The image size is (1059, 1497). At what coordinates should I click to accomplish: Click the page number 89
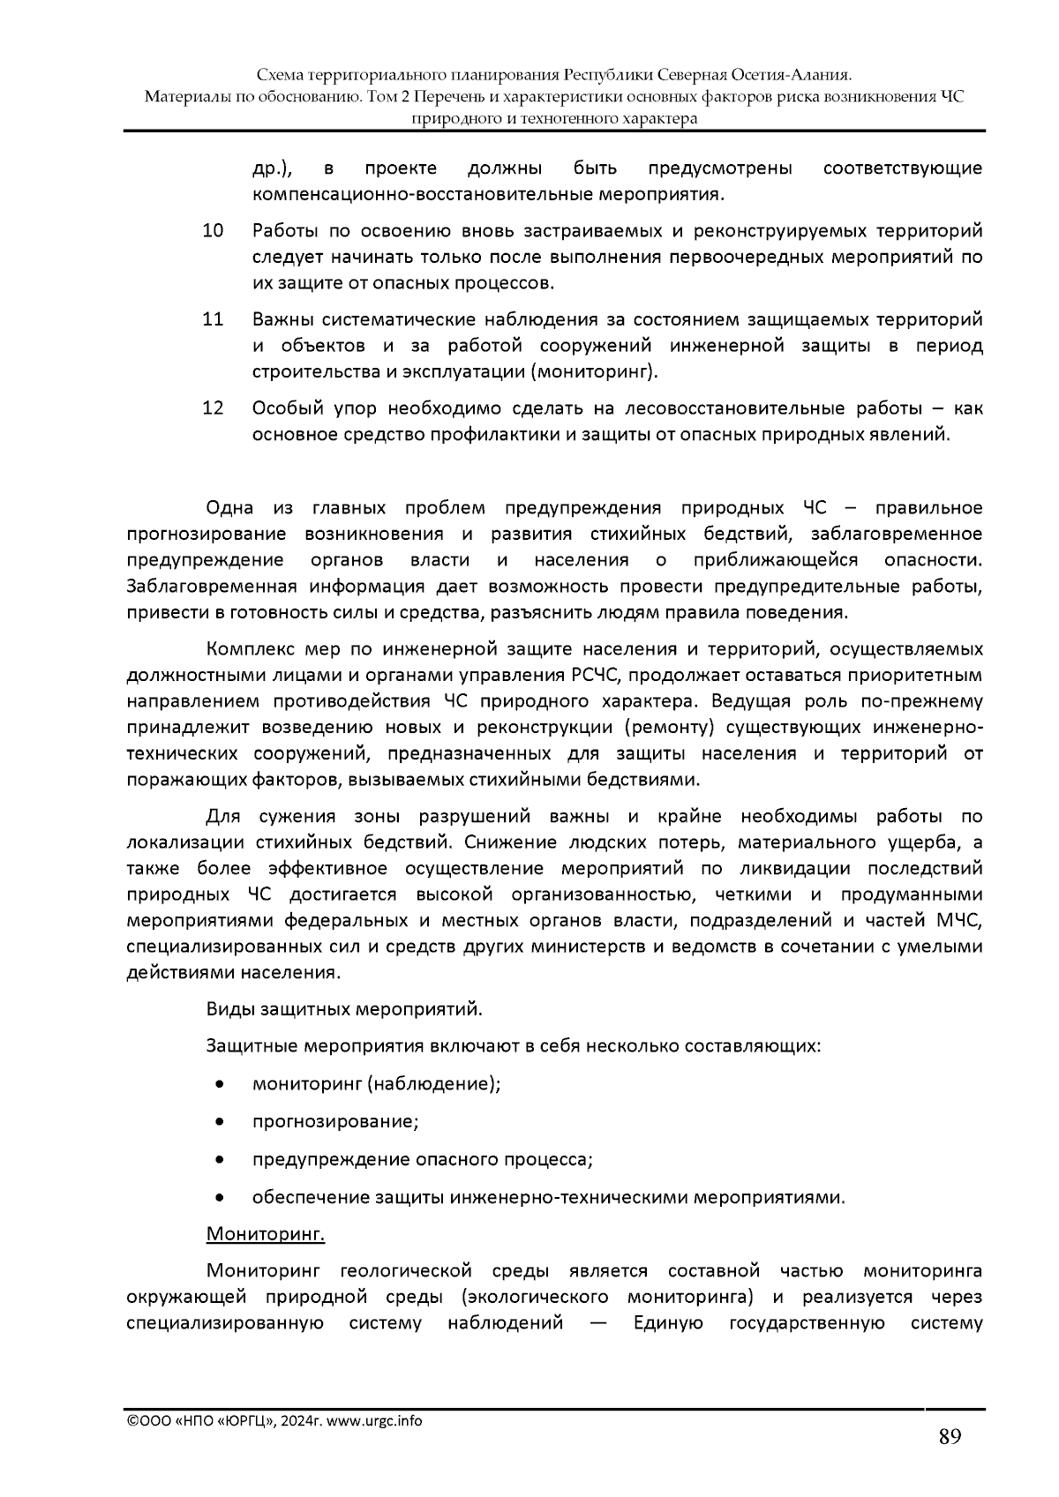coord(949,1437)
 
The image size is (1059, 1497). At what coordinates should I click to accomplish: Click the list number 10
coord(213,232)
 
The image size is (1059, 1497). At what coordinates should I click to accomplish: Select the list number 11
coord(213,319)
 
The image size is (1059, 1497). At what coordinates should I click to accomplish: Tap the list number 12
coord(213,408)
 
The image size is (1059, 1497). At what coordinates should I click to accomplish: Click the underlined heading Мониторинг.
coord(265,1233)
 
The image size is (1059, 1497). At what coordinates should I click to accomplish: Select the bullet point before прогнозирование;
coord(219,1122)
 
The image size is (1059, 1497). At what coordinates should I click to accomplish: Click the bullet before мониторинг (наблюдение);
coord(219,1084)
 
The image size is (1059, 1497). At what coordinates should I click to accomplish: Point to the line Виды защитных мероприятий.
coord(344,1008)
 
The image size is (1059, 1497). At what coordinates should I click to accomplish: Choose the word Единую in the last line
coord(667,1323)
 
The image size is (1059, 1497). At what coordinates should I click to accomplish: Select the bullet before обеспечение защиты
coord(219,1198)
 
